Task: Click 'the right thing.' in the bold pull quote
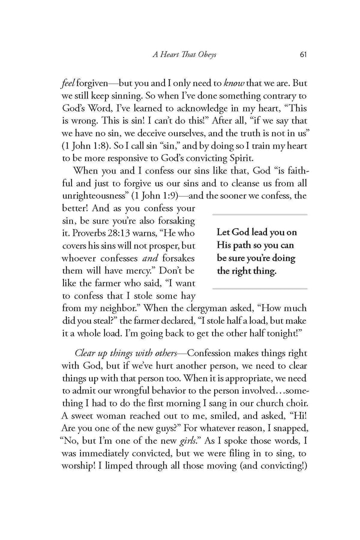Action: click(246, 272)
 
